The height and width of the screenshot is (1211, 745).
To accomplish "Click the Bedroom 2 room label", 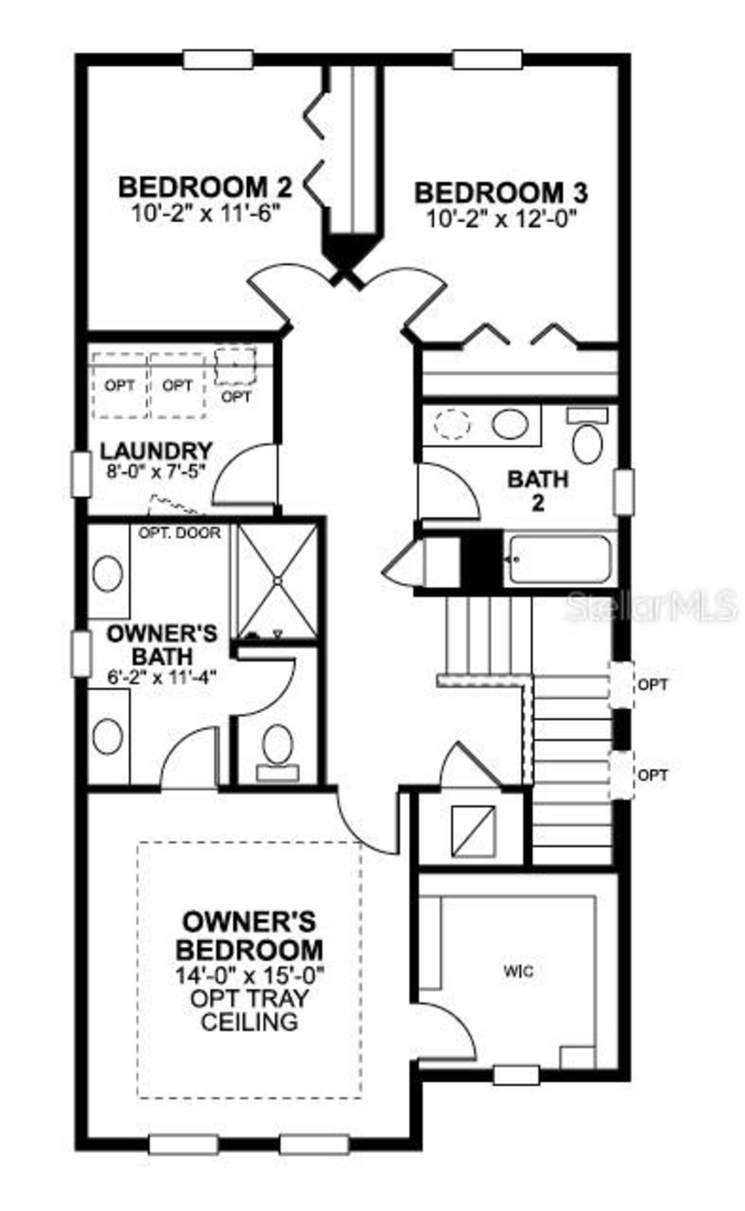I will coord(204,188).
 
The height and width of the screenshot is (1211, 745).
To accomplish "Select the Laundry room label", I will coord(155,451).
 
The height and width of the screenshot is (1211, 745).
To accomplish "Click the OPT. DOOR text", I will coord(179,533).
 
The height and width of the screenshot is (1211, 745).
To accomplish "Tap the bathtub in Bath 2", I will coord(559,560).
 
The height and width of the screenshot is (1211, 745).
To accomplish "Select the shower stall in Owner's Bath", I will coord(277,581).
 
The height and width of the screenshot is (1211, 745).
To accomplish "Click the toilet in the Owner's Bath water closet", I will coord(277,744).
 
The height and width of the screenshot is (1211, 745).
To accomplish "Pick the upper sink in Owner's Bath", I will coord(108,573).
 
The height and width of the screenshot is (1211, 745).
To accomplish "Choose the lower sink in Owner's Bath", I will coord(108,736).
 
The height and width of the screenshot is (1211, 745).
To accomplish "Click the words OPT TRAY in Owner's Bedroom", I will coord(249,998).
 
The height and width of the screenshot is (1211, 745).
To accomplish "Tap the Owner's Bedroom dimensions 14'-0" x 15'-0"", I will coord(249,974).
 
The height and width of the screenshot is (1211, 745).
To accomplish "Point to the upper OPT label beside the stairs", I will coord(652,685).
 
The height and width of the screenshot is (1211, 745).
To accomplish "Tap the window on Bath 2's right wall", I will coord(625,492).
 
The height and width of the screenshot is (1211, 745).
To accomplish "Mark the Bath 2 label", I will coord(538,490).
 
